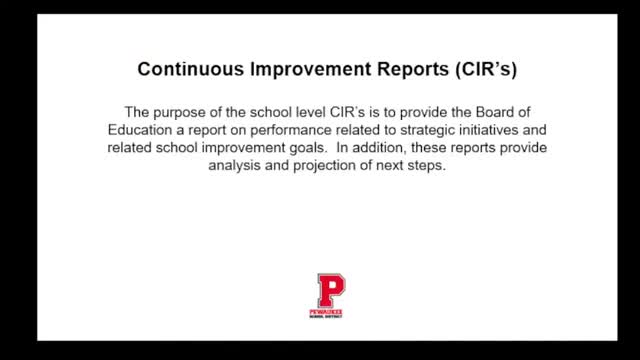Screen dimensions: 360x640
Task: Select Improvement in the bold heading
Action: [x=301, y=70]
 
